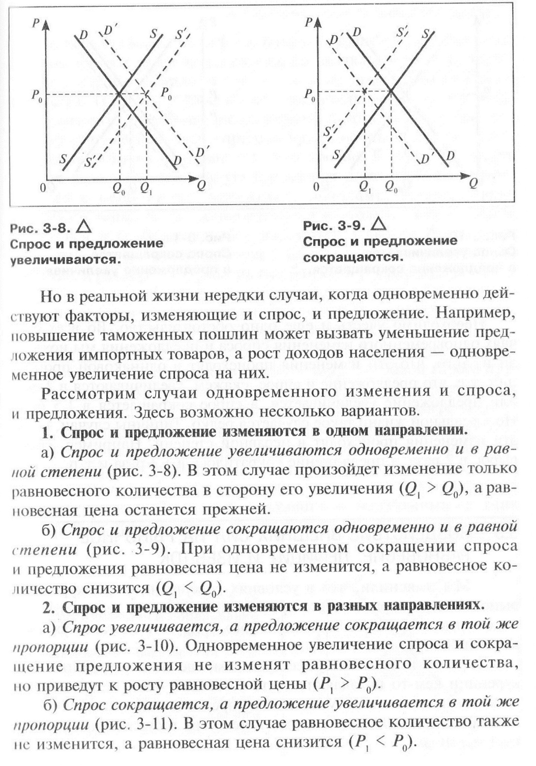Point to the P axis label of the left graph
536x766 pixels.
point(36,22)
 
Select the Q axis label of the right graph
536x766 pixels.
point(473,183)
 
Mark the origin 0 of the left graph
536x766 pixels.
point(43,187)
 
